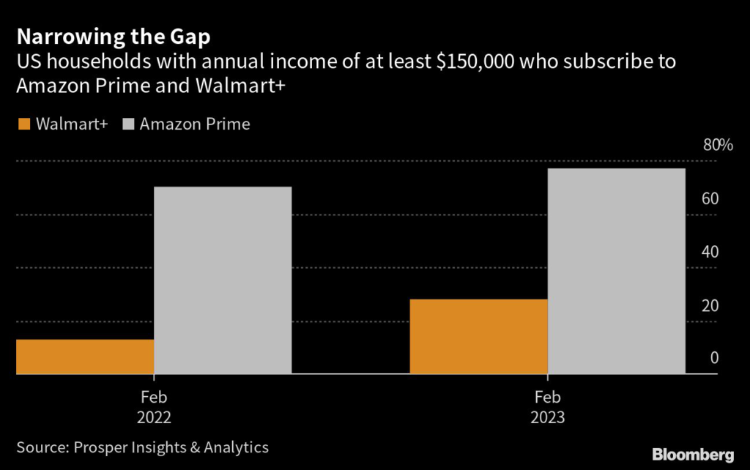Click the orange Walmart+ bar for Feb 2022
(85, 357)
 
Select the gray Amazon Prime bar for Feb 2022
(223, 280)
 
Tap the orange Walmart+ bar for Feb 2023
(478, 337)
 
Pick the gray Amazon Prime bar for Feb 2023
(616, 271)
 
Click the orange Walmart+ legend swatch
(23, 124)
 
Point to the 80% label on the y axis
(717, 145)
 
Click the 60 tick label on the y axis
(710, 198)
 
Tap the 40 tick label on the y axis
(710, 252)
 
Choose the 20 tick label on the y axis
(710, 305)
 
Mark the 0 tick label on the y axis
(713, 359)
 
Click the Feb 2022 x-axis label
(154, 408)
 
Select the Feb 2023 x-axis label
(548, 408)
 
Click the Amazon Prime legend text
(195, 124)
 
